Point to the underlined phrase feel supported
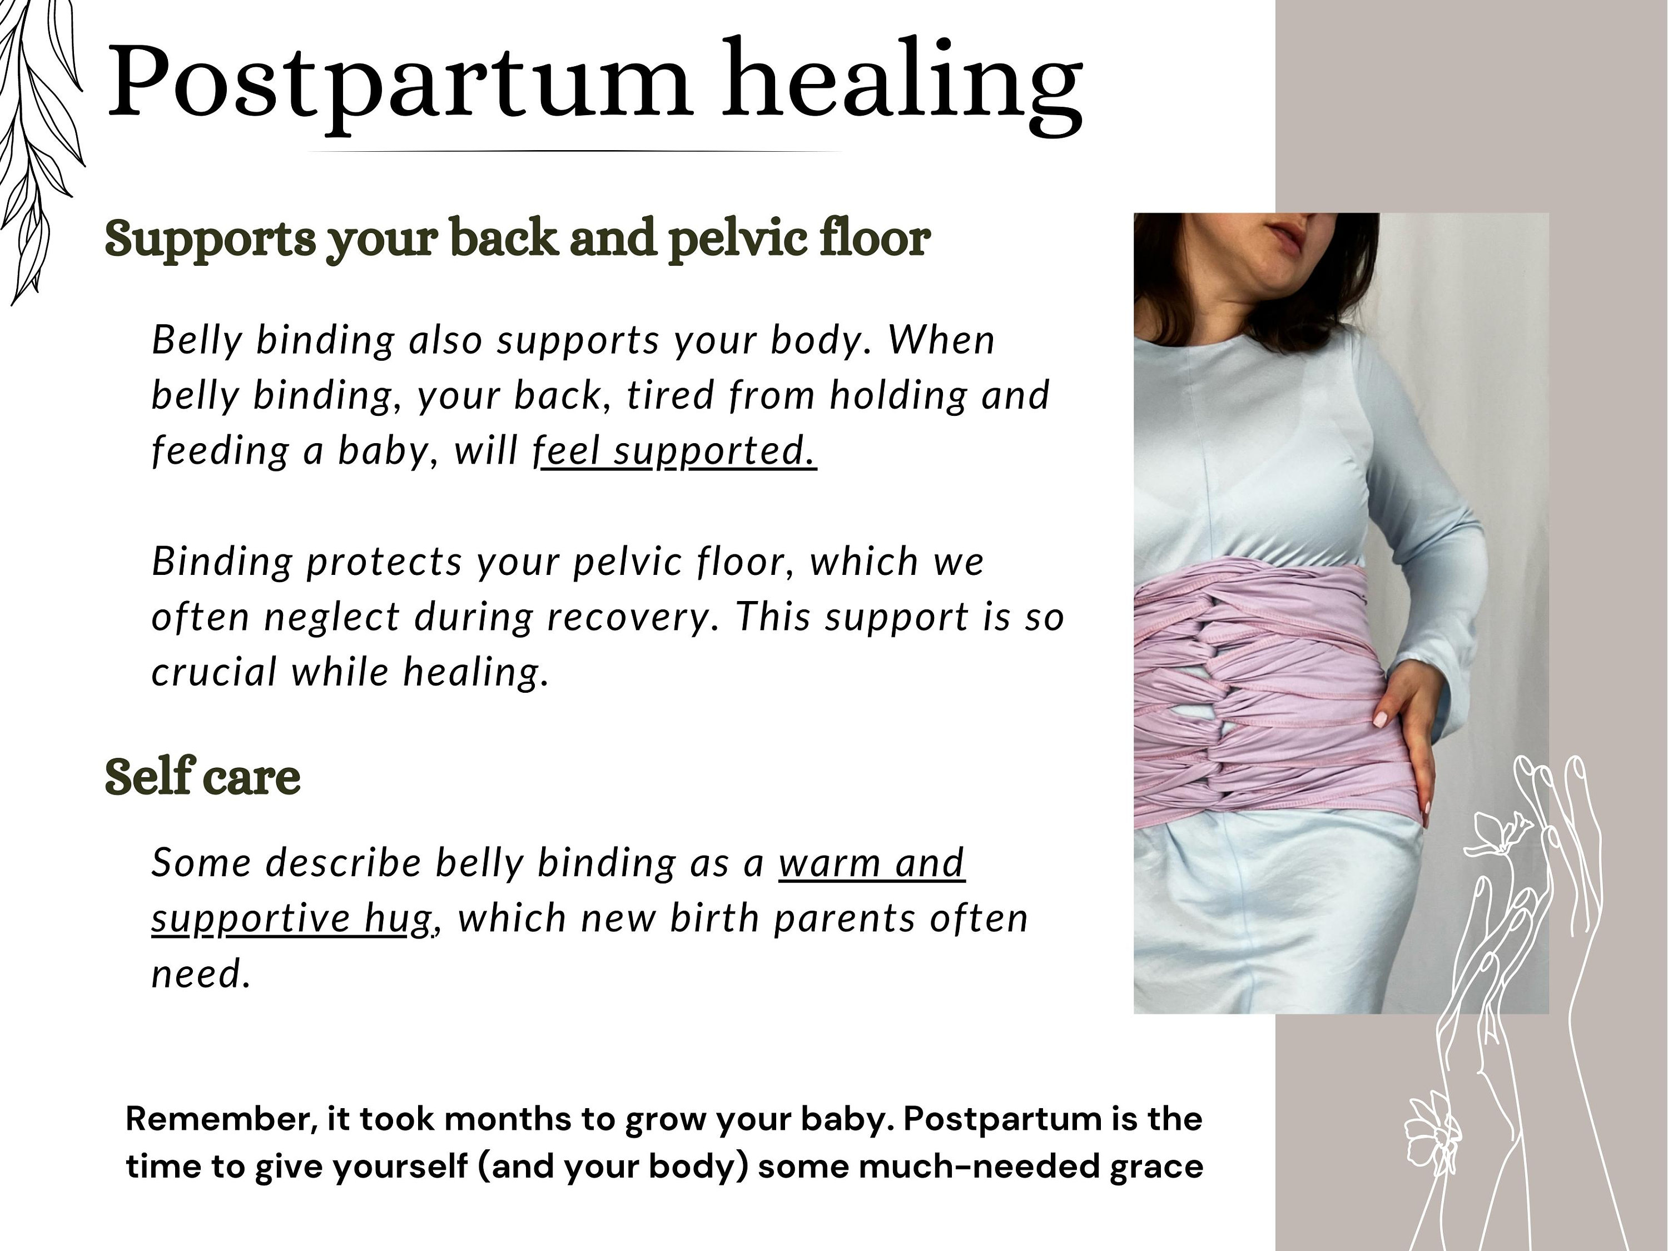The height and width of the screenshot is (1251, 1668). click(675, 451)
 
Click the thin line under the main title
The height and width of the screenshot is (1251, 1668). click(574, 152)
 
